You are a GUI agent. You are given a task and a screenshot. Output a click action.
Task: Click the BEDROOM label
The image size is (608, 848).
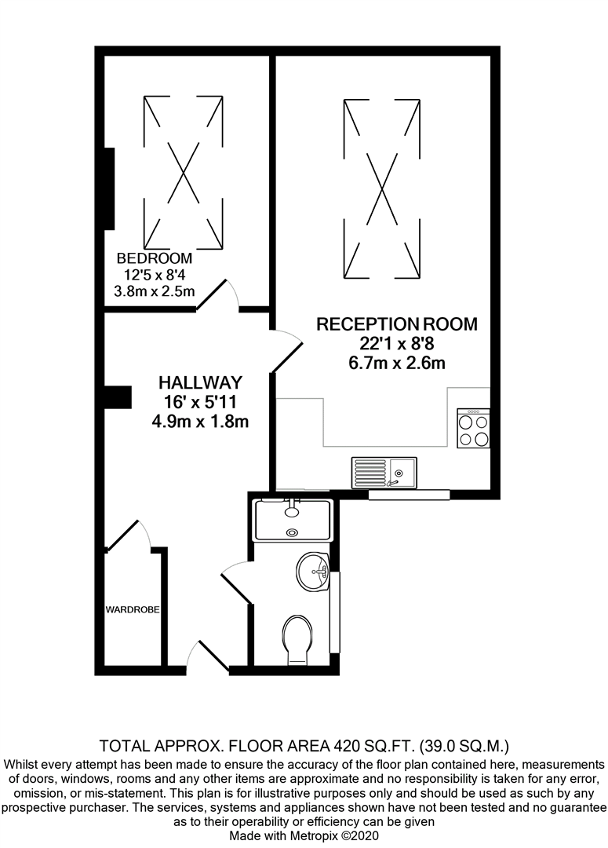[155, 258]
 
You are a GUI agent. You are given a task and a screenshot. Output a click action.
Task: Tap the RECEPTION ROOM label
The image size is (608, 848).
[396, 323]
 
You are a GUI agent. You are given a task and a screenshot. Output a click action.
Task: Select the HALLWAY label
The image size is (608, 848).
[200, 383]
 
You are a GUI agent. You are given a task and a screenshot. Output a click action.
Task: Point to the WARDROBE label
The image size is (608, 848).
[133, 609]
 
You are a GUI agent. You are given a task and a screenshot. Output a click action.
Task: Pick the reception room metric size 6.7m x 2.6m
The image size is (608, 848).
[397, 363]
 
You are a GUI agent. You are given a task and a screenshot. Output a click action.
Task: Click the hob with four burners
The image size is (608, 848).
[473, 429]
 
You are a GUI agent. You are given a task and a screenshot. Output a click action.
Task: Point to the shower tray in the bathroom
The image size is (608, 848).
[293, 521]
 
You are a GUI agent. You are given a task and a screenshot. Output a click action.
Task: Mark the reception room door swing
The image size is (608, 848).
[286, 349]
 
